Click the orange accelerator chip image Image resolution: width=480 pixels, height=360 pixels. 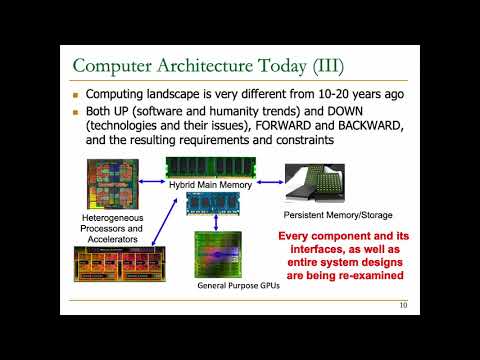pyautogui.click(x=117, y=264)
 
